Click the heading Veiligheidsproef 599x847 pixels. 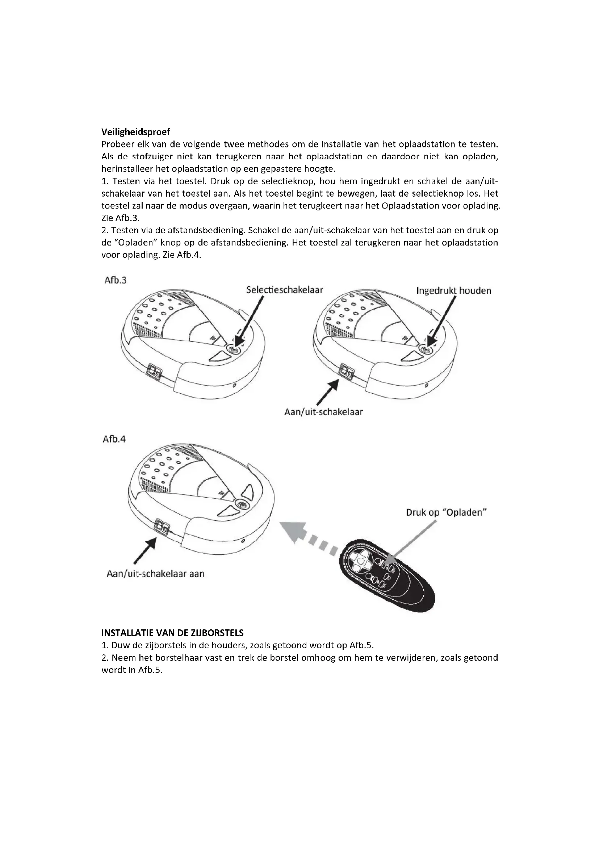pyautogui.click(x=135, y=132)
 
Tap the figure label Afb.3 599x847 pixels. pyautogui.click(x=115, y=280)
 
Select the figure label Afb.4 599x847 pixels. pyautogui.click(x=114, y=440)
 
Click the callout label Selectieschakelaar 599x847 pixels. pyautogui.click(x=284, y=290)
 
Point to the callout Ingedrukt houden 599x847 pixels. pyautogui.click(x=454, y=291)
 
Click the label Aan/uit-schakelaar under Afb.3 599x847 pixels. pyautogui.click(x=323, y=412)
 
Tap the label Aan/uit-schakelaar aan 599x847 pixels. pyautogui.click(x=155, y=574)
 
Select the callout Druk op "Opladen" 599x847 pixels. pyautogui.click(x=446, y=513)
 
